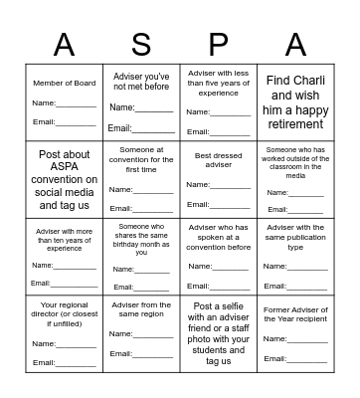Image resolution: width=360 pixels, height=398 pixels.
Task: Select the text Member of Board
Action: click(x=65, y=83)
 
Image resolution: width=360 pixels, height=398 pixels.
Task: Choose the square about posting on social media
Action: click(x=65, y=179)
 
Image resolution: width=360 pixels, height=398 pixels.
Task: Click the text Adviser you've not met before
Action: click(x=141, y=81)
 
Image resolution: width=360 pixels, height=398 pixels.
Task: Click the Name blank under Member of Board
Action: click(x=77, y=103)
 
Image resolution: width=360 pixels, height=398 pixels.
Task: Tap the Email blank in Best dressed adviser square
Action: click(x=231, y=206)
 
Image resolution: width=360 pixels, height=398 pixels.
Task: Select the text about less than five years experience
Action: click(x=218, y=84)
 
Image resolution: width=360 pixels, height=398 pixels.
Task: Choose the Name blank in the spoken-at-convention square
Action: click(x=231, y=266)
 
